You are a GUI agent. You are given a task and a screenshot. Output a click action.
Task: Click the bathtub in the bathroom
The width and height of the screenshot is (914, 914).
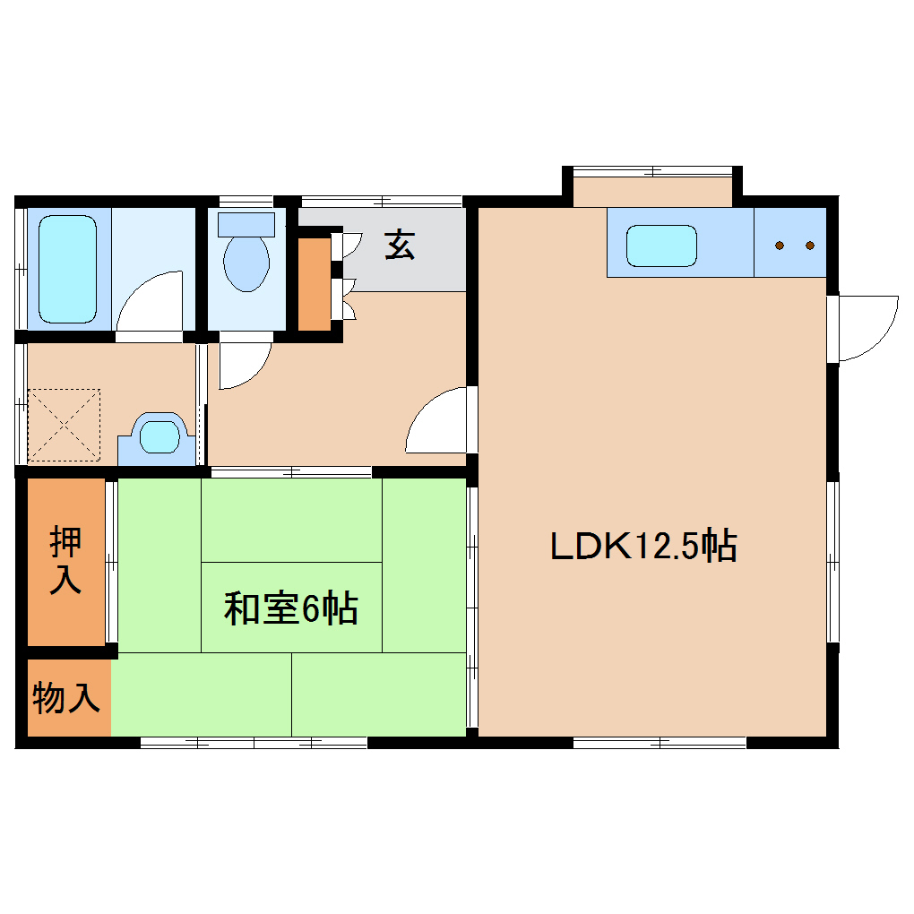pos(67,269)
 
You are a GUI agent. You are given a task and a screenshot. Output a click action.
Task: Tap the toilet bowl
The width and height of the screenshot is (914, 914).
pos(246,263)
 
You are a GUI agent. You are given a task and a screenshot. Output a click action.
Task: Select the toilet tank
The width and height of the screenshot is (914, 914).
pos(246,224)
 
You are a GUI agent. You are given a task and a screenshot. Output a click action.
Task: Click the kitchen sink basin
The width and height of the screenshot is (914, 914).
pos(661,246)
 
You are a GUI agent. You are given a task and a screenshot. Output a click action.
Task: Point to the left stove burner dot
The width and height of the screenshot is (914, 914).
pos(780,246)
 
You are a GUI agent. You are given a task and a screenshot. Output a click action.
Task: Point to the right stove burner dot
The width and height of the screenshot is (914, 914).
pos(810,246)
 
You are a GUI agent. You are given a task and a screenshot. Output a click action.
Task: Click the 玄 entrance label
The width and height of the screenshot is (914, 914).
pos(400,245)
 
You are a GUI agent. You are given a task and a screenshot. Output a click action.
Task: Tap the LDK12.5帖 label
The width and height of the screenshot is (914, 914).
pos(644,546)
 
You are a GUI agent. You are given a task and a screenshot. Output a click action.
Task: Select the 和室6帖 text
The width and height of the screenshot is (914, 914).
pos(291,608)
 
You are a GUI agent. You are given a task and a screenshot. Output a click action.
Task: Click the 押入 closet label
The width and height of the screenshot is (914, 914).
pos(65,559)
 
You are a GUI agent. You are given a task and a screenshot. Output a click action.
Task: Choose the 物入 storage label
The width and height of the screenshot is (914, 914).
pos(66,697)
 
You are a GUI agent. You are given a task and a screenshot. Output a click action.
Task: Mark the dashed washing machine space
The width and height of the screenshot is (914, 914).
pos(65,426)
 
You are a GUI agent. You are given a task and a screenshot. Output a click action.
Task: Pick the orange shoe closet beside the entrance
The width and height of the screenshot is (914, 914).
pos(315,284)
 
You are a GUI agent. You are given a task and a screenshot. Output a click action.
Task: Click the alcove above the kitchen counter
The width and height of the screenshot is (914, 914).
pos(652,192)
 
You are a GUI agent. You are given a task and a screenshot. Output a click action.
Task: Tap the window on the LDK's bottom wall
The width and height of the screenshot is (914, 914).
pos(660,743)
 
